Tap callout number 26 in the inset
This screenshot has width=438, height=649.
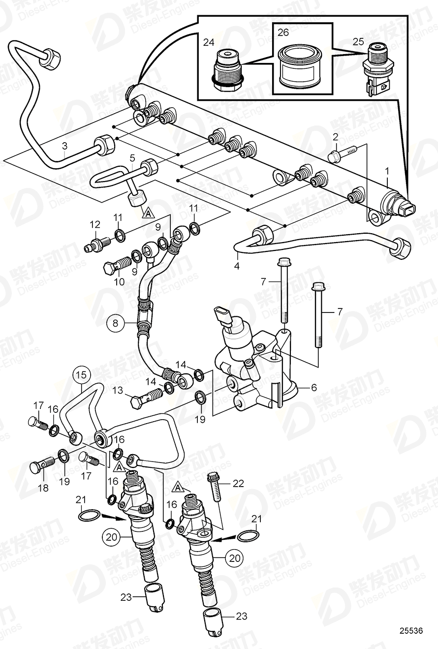tap(283, 33)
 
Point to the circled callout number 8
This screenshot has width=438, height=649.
tap(116, 323)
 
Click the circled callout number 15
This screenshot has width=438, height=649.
tap(82, 375)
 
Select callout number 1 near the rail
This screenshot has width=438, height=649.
tap(387, 172)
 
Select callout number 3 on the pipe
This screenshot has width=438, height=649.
tap(64, 146)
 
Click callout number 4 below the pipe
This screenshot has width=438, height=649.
tap(237, 266)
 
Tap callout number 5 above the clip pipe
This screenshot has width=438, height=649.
tap(132, 158)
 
